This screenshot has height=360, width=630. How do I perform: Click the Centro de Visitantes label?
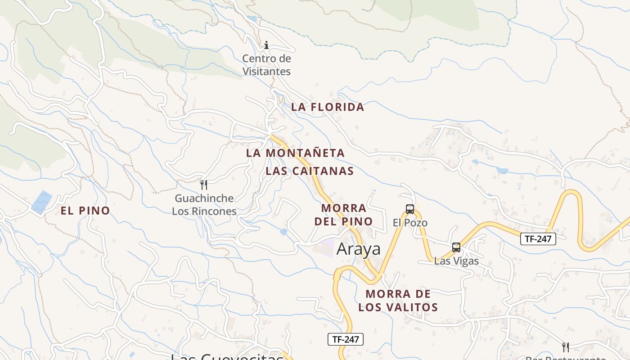pos(266,65)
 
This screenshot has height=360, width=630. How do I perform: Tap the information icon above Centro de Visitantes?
pos(266,45)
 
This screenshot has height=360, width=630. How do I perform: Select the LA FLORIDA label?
pos(327,107)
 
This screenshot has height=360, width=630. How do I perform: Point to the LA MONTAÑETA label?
pos(295,153)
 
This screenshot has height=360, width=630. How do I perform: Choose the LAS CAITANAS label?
pos(310,171)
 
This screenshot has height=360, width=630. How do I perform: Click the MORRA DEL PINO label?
pos(344,215)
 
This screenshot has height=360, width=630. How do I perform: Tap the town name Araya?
pos(358,249)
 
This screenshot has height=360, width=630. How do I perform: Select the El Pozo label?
pos(410,223)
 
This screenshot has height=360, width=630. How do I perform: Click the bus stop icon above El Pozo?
pos(410,209)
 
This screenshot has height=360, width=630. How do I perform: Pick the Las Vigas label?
pos(456,261)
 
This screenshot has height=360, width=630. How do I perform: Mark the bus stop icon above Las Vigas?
pos(456,247)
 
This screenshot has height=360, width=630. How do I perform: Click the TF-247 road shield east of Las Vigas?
pos(538,239)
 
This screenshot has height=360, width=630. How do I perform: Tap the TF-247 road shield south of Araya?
pos(345,339)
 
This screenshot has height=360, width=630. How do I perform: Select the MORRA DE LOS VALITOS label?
pos(398,301)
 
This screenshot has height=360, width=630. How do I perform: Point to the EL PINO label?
pos(85,211)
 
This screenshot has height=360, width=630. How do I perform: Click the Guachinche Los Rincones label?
pos(204,205)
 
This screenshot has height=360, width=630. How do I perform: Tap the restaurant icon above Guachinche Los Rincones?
pos(204,184)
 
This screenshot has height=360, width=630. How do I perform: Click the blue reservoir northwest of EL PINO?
pos(42,202)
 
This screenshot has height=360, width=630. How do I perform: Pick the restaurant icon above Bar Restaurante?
pos(566,347)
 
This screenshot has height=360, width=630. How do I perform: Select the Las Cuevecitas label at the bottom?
pos(227,357)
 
